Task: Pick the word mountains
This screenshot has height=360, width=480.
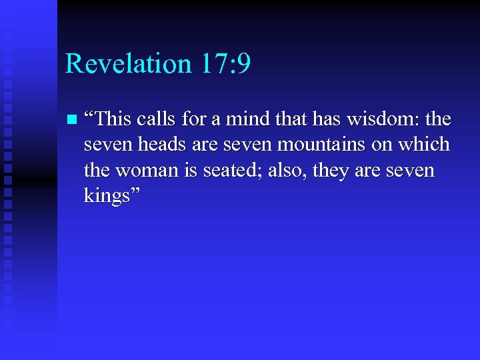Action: [x=333, y=145]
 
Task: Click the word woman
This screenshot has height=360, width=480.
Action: [x=145, y=171]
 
